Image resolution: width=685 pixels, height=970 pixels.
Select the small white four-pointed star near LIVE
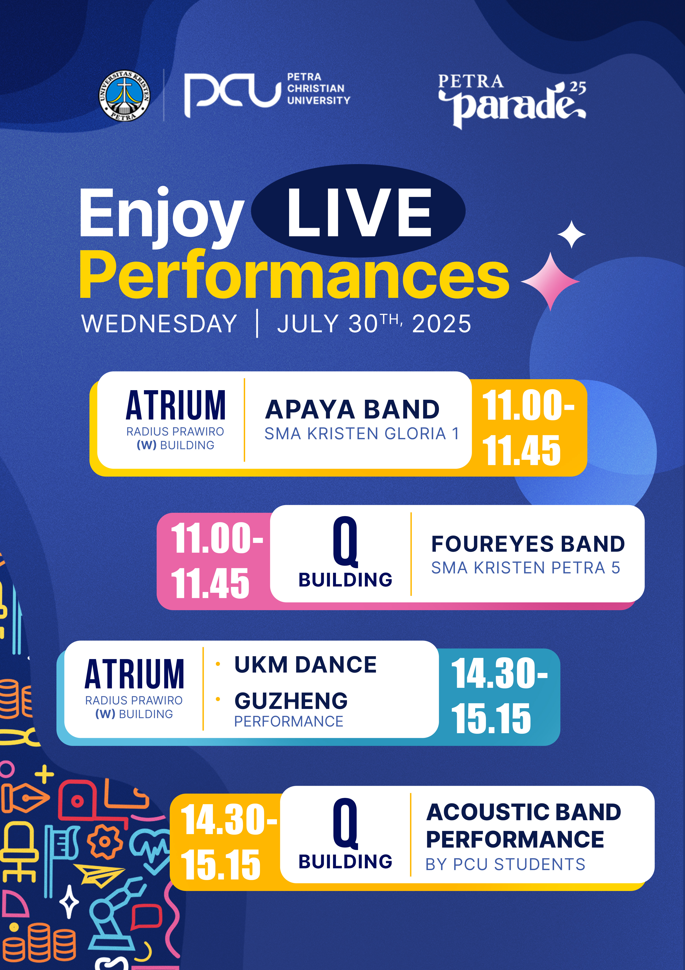572,234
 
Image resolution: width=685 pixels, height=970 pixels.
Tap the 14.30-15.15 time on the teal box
499,695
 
